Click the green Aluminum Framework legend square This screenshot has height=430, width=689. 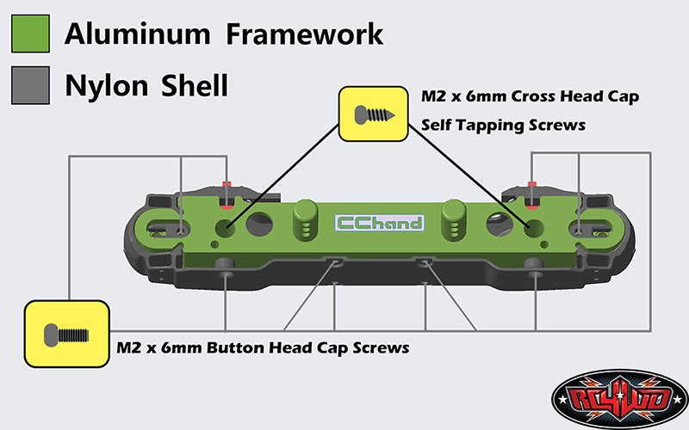[30, 34]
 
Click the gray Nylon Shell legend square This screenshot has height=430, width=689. [30, 85]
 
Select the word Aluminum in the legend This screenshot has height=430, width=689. [138, 34]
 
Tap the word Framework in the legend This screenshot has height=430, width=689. [305, 34]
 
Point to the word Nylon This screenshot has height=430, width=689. [106, 86]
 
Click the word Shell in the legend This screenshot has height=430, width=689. [195, 85]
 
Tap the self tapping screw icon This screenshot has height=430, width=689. [374, 114]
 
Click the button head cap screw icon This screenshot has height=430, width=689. [66, 335]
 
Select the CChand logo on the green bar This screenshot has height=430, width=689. [380, 223]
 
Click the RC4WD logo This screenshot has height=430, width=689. [619, 399]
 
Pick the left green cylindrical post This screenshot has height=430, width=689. [306, 219]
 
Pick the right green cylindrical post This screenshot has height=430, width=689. [454, 219]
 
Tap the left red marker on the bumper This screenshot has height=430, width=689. [227, 195]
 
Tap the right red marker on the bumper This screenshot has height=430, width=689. [532, 194]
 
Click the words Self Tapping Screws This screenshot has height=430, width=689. [503, 125]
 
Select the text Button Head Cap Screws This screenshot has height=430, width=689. [308, 348]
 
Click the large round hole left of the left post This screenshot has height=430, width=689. [259, 224]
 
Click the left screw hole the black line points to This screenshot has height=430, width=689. [225, 228]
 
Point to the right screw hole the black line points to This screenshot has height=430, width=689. [534, 228]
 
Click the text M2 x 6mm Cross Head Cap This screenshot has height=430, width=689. [530, 96]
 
